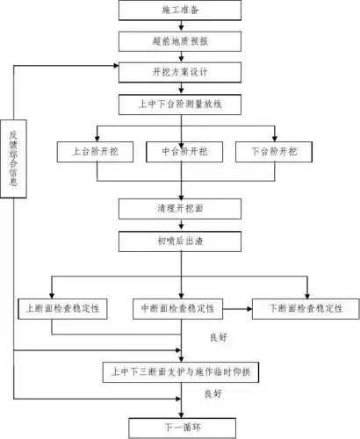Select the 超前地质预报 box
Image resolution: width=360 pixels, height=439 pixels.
coord(180,41)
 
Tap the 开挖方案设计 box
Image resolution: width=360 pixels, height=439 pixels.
coord(180,71)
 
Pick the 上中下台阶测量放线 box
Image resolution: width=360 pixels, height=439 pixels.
coord(180,103)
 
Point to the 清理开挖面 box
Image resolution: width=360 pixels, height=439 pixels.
coord(180,208)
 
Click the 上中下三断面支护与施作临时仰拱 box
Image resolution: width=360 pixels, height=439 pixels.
coord(180,370)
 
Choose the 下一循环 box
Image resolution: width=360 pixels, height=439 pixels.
coord(180,427)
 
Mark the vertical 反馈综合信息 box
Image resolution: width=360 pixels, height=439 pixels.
coord(13,161)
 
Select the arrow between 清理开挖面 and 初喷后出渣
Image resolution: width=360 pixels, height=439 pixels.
coord(180,224)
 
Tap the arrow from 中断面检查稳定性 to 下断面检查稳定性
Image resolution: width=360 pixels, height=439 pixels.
coord(238,308)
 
